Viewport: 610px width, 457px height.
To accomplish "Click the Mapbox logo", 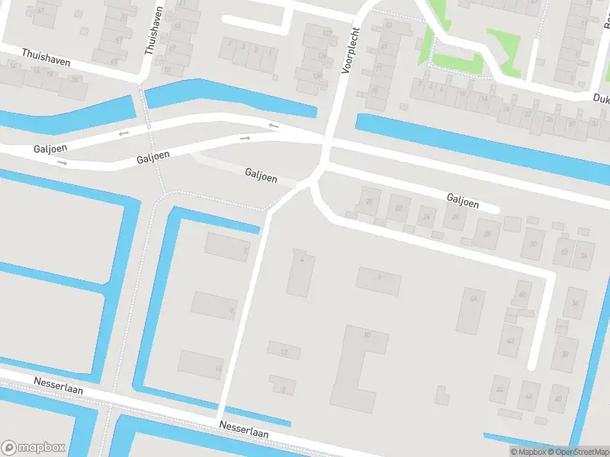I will (33, 448).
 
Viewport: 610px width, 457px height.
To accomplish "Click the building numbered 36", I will (575, 303).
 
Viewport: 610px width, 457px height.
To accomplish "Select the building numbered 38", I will (565, 353).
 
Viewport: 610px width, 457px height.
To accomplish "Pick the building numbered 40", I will (522, 295).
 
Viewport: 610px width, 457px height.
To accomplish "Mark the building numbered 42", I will (509, 340).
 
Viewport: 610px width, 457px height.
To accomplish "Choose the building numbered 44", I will (499, 389).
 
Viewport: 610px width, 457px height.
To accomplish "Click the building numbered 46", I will (529, 395).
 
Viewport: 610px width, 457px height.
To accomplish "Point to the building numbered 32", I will (564, 252).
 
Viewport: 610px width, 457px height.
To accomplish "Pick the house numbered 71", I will (378, 69).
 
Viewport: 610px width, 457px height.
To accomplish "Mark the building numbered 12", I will (284, 351).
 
